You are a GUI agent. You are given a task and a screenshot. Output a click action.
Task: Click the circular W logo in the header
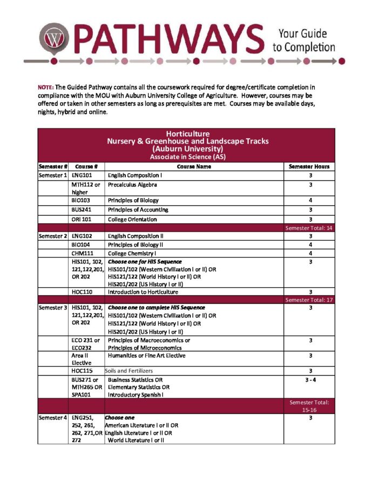pyautogui.click(x=53, y=37)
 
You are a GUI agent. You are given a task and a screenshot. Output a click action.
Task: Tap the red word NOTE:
pyautogui.click(x=45, y=87)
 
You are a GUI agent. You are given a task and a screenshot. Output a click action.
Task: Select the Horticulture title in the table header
pyautogui.click(x=187, y=134)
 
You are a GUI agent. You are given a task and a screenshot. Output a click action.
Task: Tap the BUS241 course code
pyautogui.click(x=82, y=209)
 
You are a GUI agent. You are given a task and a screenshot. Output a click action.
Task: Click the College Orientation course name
pyautogui.click(x=132, y=219)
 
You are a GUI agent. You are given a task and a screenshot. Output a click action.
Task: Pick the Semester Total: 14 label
pyautogui.click(x=308, y=228)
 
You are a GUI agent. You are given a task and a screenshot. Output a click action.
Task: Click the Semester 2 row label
pyautogui.click(x=53, y=236)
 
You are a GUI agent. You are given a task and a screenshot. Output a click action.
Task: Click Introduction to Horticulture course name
pyautogui.click(x=143, y=292)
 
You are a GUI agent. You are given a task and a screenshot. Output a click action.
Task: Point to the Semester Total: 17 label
pyautogui.click(x=308, y=300)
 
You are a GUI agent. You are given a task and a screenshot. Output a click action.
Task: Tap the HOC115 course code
pyautogui.click(x=82, y=371)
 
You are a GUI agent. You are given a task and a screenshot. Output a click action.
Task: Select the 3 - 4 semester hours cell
pyautogui.click(x=309, y=379)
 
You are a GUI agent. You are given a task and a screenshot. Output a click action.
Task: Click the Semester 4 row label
pyautogui.click(x=53, y=418)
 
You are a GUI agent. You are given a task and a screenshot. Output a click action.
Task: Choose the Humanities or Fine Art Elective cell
pyautogui.click(x=146, y=356)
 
